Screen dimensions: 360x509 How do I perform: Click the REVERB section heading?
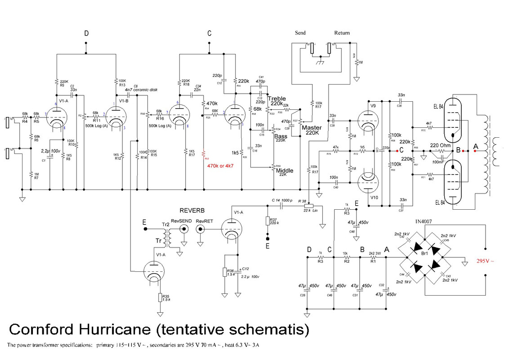click(192, 211)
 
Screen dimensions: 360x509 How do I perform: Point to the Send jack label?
click(300, 33)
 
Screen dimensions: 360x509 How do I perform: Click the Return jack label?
click(342, 33)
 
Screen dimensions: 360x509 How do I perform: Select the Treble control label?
click(277, 99)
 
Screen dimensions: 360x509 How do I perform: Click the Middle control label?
click(285, 171)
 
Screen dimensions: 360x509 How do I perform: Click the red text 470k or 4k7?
click(220, 166)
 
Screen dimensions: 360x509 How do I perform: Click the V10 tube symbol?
click(368, 183)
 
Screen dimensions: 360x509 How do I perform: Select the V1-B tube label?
click(124, 100)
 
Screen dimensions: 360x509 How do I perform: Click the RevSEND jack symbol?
click(183, 229)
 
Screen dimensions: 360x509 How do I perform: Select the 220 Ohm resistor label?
click(439, 145)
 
